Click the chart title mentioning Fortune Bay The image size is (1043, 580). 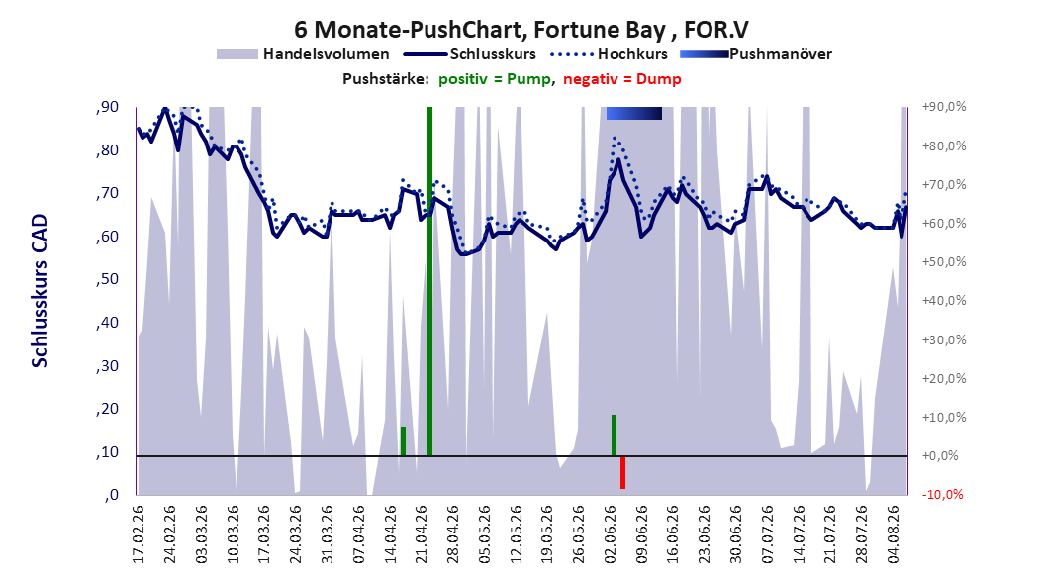tap(521, 30)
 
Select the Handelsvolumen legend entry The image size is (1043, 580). tap(303, 54)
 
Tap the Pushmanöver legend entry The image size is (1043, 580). tap(756, 54)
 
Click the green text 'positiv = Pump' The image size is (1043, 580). tap(494, 79)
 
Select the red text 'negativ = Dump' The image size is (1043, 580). tap(622, 79)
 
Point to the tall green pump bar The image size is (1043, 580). tap(429, 281)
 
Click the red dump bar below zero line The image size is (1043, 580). tap(622, 472)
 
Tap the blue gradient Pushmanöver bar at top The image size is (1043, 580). tap(634, 113)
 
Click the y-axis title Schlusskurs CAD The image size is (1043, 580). tap(40, 291)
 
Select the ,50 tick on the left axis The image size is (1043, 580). tap(107, 279)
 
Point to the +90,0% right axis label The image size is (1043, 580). tap(944, 107)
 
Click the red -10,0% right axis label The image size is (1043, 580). tap(942, 494)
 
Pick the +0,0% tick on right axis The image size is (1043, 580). tap(940, 455)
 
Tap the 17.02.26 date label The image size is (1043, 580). tap(139, 534)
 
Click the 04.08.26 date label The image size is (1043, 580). tap(894, 534)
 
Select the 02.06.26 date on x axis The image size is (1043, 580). tap(610, 534)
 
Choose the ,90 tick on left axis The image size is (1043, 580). tap(107, 107)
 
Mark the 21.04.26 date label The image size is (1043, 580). tap(422, 534)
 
